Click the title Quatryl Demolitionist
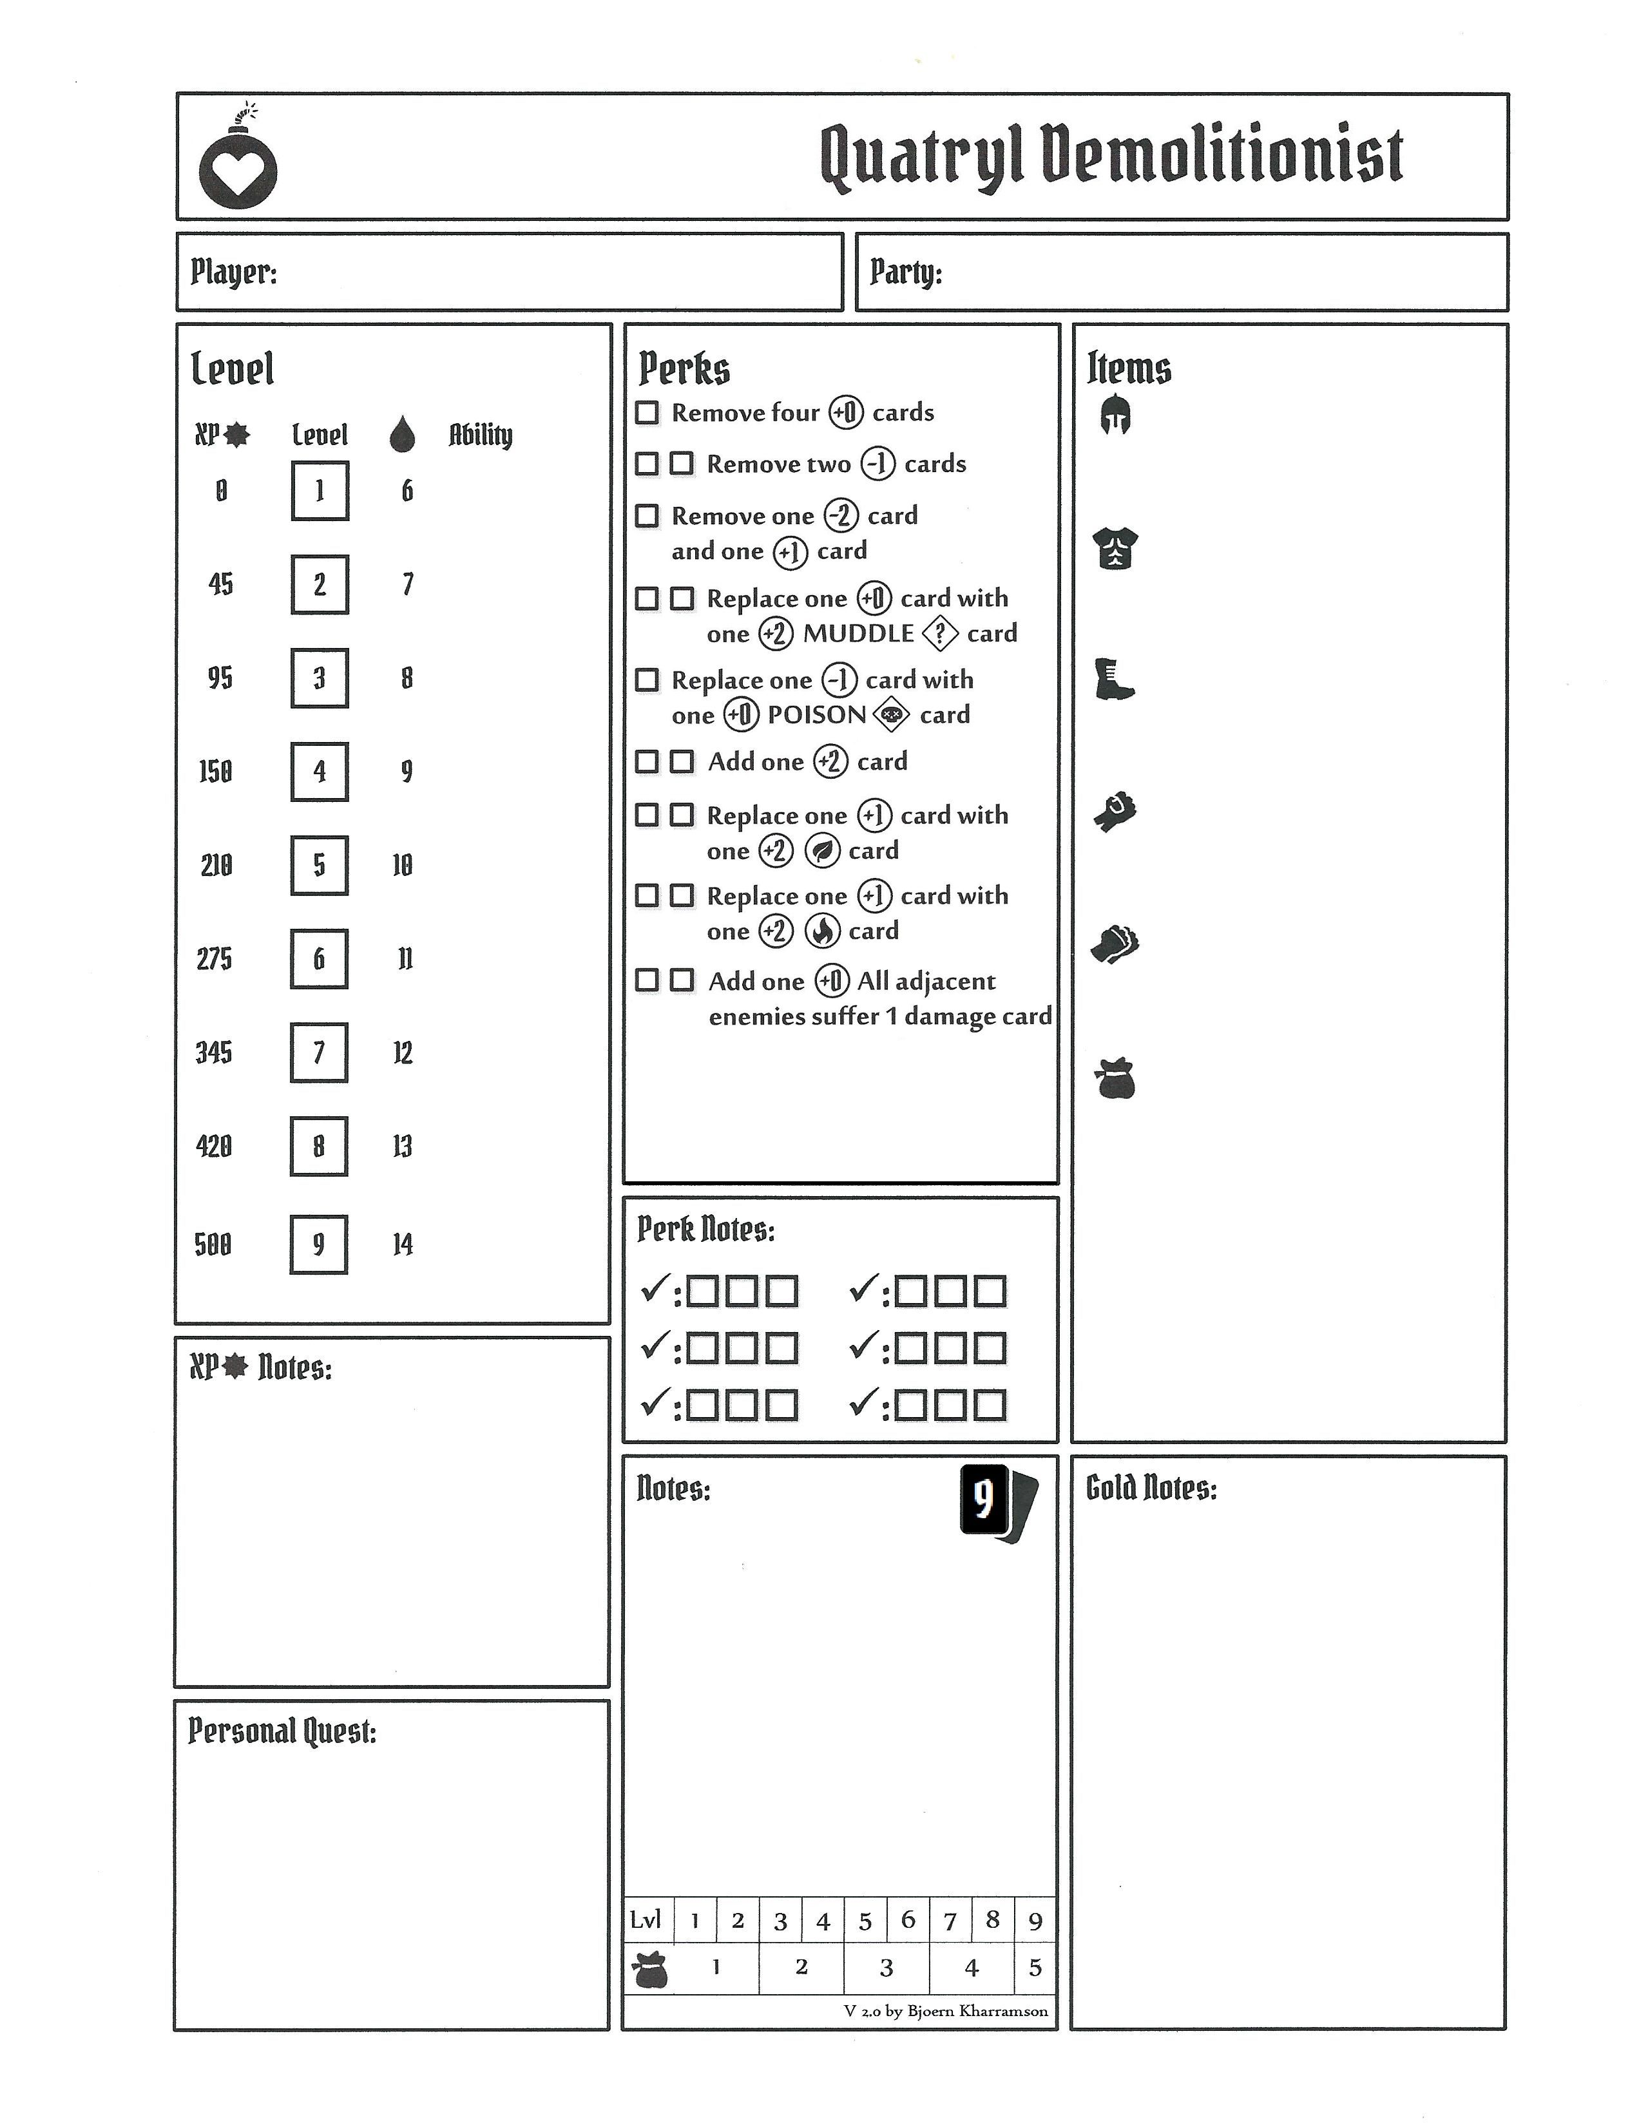click(x=1111, y=155)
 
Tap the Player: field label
click(x=233, y=272)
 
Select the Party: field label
click(x=905, y=272)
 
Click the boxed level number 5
click(x=319, y=865)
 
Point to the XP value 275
click(x=214, y=960)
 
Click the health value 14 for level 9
click(x=403, y=1244)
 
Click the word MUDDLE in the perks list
click(x=858, y=634)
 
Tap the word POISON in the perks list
click(x=816, y=716)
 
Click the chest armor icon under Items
click(x=1115, y=548)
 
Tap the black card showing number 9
click(x=984, y=1500)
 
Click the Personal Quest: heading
click(x=282, y=1731)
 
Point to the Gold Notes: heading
click(x=1151, y=1489)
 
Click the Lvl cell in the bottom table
click(x=646, y=1920)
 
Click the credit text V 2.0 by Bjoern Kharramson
click(x=945, y=2011)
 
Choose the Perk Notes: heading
click(x=705, y=1230)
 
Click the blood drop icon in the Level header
click(x=401, y=435)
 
